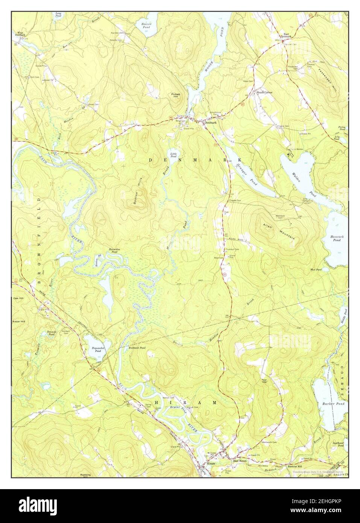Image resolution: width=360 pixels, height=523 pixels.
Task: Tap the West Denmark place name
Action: point(21,34)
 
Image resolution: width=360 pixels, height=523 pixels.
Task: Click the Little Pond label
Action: point(173,155)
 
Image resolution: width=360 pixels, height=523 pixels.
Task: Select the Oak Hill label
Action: point(18,298)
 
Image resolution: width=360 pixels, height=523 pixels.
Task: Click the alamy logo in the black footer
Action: point(34,506)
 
